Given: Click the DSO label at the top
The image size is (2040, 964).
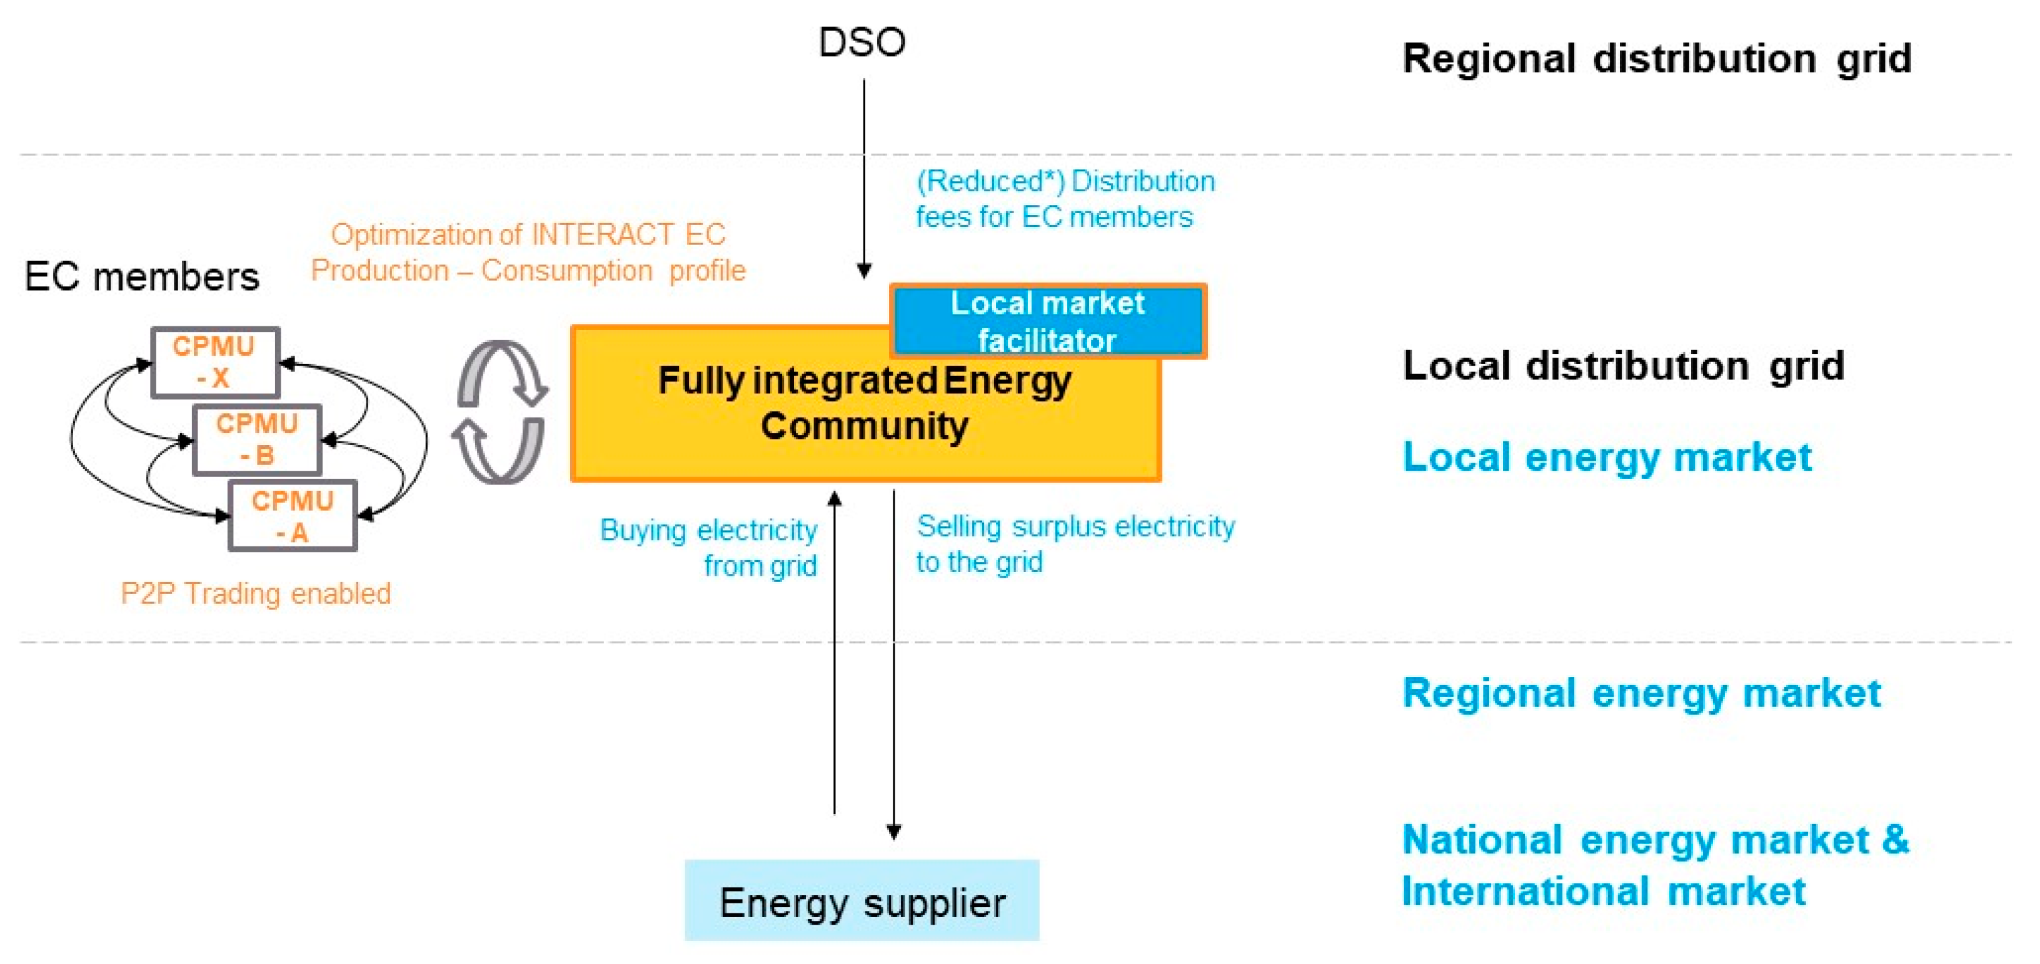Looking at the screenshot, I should (x=862, y=42).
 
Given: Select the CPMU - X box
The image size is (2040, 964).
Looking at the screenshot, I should (x=214, y=362).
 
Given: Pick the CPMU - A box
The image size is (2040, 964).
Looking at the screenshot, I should (x=292, y=516).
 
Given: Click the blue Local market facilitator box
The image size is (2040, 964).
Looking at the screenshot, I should (x=1047, y=321).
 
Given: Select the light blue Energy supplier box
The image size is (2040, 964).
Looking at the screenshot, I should (x=862, y=901).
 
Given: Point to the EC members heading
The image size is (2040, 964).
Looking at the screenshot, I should (x=142, y=276).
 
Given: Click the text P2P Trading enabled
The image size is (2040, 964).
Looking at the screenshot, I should (x=255, y=593).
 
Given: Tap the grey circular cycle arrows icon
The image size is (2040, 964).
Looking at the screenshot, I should (x=501, y=411).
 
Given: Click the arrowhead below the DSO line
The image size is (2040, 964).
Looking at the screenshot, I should (x=864, y=271).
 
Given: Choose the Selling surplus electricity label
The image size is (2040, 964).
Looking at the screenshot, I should (x=1075, y=543).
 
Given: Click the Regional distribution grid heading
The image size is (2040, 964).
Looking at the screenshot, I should (x=1657, y=59).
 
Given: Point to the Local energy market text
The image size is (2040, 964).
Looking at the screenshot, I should (x=1607, y=457).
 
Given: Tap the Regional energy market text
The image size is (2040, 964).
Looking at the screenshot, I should (x=1641, y=693).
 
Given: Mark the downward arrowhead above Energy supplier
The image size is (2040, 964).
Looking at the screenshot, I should (x=893, y=831).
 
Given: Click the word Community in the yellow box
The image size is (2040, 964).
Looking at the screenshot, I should (x=864, y=426).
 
